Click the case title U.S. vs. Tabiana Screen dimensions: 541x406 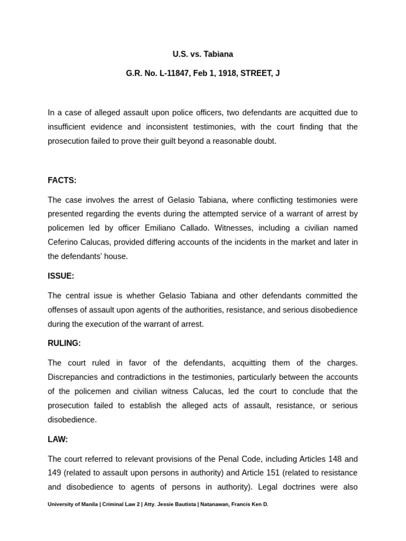point(202,54)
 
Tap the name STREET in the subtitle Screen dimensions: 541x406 point(256,73)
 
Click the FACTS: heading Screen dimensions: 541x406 point(62,181)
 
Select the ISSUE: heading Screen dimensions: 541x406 point(61,276)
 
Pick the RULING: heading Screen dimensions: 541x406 point(64,343)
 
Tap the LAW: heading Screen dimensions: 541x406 point(58,439)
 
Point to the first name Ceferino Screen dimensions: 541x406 point(64,242)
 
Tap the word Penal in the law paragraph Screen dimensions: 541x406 point(235,459)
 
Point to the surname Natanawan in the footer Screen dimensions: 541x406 point(211,505)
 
